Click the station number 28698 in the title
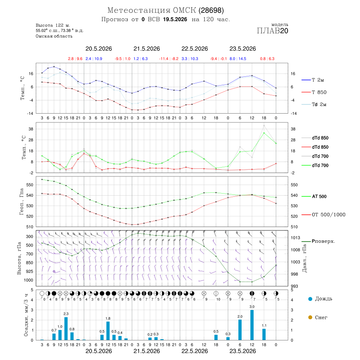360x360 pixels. click(211, 10)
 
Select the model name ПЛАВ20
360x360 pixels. click(272, 31)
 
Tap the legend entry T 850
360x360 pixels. click(319, 92)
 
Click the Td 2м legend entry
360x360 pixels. click(319, 104)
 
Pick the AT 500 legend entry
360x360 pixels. click(319, 196)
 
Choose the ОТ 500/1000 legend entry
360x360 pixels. click(328, 215)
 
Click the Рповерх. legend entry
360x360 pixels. click(323, 241)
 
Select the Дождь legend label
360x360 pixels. click(324, 299)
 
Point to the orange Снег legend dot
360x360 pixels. click(310, 317)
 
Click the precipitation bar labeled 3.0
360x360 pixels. click(252, 325)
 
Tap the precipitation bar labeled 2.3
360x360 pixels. click(66, 328)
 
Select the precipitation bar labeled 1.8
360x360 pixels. click(108, 331)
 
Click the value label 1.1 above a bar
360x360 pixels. click(264, 326)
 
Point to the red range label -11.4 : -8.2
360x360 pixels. click(169, 59)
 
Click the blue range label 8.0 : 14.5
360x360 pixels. click(238, 59)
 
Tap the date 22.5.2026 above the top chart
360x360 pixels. click(195, 49)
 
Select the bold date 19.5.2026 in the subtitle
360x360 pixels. click(175, 19)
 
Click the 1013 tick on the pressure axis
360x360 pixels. click(296, 238)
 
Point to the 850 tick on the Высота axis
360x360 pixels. click(29, 263)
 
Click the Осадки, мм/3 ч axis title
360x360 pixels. click(26, 315)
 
